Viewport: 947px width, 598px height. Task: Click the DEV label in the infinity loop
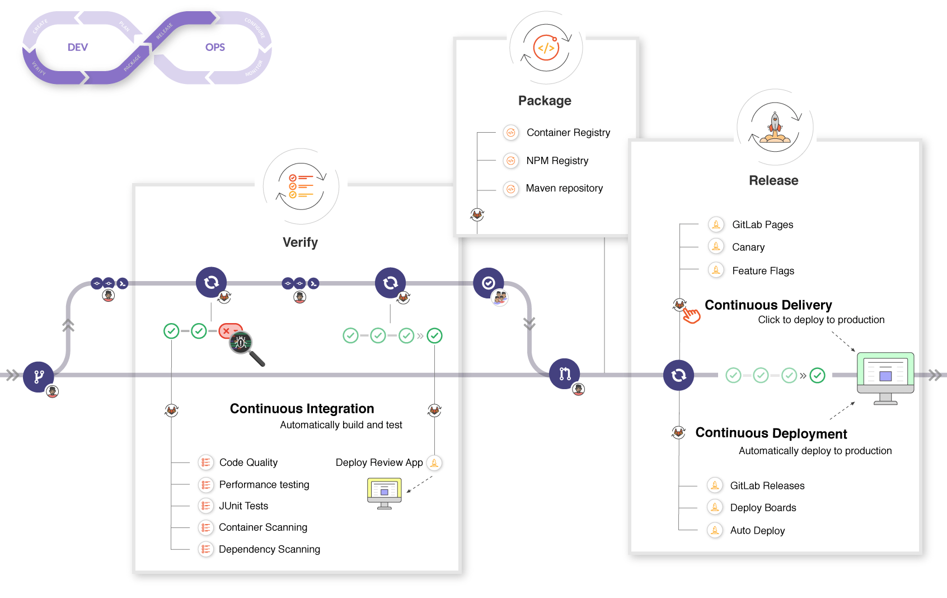click(x=77, y=48)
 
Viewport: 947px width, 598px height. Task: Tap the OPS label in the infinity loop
click(x=215, y=48)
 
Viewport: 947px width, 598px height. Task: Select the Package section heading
click(x=545, y=101)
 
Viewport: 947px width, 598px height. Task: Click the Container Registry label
click(x=568, y=133)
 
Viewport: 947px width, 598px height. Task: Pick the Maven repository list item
click(x=564, y=188)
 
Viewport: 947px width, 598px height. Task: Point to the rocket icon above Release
click(x=775, y=128)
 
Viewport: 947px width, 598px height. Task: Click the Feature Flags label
click(x=763, y=271)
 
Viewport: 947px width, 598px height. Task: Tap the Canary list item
click(x=748, y=247)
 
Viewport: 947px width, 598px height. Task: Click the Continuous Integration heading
click(x=302, y=409)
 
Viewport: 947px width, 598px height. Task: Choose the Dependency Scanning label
click(x=269, y=549)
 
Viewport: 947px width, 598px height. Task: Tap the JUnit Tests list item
click(x=243, y=506)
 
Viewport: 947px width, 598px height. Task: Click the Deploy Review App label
click(x=379, y=462)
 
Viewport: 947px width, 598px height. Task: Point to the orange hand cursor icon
click(x=692, y=315)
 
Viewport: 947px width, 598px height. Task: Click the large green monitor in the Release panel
click(x=885, y=374)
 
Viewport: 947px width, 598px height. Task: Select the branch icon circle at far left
click(x=38, y=376)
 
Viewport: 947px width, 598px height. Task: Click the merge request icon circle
click(x=564, y=373)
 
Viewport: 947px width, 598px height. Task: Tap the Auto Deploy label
click(x=757, y=531)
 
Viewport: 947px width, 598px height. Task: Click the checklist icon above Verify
click(x=301, y=186)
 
